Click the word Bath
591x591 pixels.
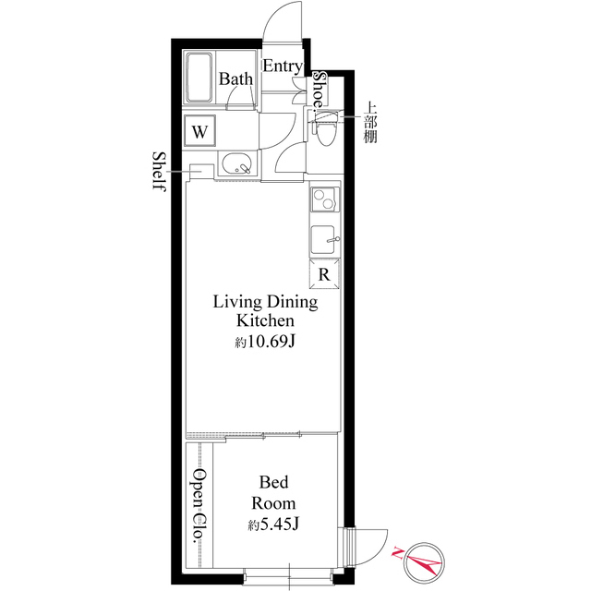pos(235,79)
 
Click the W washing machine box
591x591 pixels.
pos(199,131)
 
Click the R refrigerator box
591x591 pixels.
pos(324,274)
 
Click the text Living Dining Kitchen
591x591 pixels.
pos(265,311)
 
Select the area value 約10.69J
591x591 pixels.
pos(265,343)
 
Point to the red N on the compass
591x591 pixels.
pos(398,552)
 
